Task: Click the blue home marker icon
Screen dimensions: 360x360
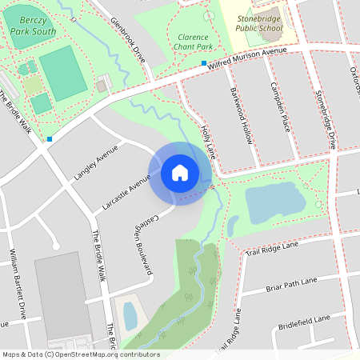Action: point(179,173)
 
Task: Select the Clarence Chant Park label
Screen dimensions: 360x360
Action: point(193,42)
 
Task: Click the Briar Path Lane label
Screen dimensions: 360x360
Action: point(291,285)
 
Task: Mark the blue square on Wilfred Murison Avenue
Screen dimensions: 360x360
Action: point(204,63)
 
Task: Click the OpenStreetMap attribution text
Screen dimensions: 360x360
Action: point(81,354)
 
